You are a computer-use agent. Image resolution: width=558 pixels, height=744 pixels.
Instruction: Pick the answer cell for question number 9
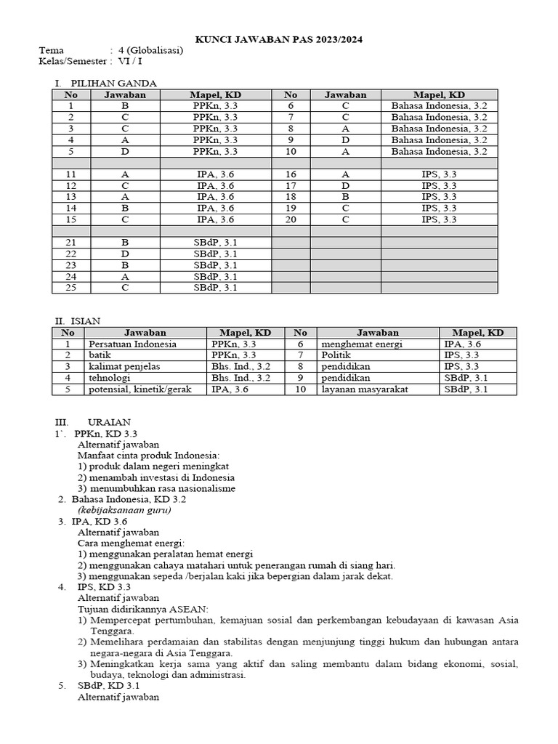click(345, 140)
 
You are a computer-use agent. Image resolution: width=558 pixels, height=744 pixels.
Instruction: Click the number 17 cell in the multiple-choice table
click(291, 186)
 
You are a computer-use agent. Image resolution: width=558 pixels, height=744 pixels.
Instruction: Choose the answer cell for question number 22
click(125, 254)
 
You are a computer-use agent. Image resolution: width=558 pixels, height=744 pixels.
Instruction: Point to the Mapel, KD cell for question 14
click(215, 209)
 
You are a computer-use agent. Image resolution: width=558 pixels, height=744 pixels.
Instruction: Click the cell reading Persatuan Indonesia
click(132, 344)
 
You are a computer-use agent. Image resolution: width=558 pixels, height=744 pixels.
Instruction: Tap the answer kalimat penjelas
click(124, 367)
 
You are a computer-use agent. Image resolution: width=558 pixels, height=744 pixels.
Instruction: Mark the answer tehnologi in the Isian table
click(110, 378)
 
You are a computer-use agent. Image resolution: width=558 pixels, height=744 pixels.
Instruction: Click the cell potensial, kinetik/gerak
click(139, 389)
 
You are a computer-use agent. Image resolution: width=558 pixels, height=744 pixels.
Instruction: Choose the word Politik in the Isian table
click(336, 355)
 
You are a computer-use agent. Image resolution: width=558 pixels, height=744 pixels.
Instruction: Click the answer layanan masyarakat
click(364, 389)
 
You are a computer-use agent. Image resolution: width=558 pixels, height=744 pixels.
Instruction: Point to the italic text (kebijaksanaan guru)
click(124, 510)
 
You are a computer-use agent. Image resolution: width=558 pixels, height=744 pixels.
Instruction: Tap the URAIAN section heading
click(109, 422)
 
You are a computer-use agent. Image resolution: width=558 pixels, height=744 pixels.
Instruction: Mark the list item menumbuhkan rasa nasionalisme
click(161, 489)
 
